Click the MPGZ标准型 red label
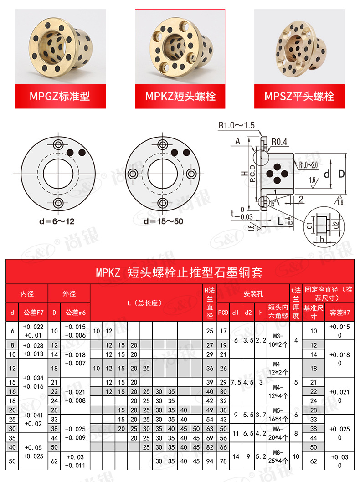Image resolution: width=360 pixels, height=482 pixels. [x=60, y=97]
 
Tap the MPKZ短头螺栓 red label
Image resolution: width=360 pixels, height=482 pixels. [x=180, y=97]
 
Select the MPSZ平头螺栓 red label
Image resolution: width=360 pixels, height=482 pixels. [x=299, y=97]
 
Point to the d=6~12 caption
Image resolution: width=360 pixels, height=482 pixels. [x=57, y=222]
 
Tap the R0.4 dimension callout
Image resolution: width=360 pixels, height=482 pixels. [x=279, y=142]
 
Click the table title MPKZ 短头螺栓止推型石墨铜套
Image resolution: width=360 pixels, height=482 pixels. [x=180, y=272]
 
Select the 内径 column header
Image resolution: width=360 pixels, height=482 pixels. [x=27, y=294]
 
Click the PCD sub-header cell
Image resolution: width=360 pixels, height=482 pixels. [x=223, y=312]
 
